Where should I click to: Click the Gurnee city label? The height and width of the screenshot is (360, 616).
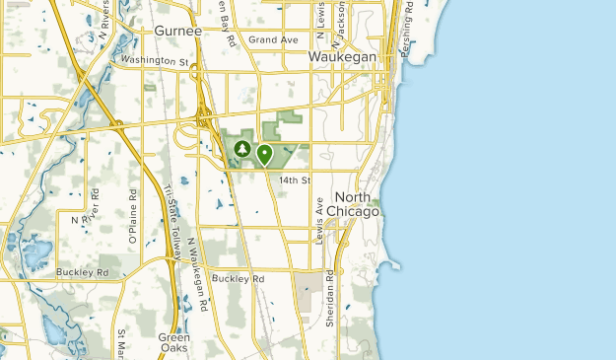pos(178,31)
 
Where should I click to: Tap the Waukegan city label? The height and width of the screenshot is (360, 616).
pos(342,58)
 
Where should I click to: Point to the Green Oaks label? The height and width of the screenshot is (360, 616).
pos(174,342)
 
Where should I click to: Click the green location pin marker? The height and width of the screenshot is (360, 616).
pos(264,154)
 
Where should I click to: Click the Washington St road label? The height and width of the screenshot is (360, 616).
pos(155,60)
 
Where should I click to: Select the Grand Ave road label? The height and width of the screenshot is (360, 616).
pos(273,39)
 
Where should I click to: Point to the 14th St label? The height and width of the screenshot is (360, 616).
pos(294,180)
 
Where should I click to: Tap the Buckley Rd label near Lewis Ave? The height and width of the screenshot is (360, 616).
pos(239,279)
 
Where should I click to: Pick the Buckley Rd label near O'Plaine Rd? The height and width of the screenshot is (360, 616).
pos(82,271)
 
